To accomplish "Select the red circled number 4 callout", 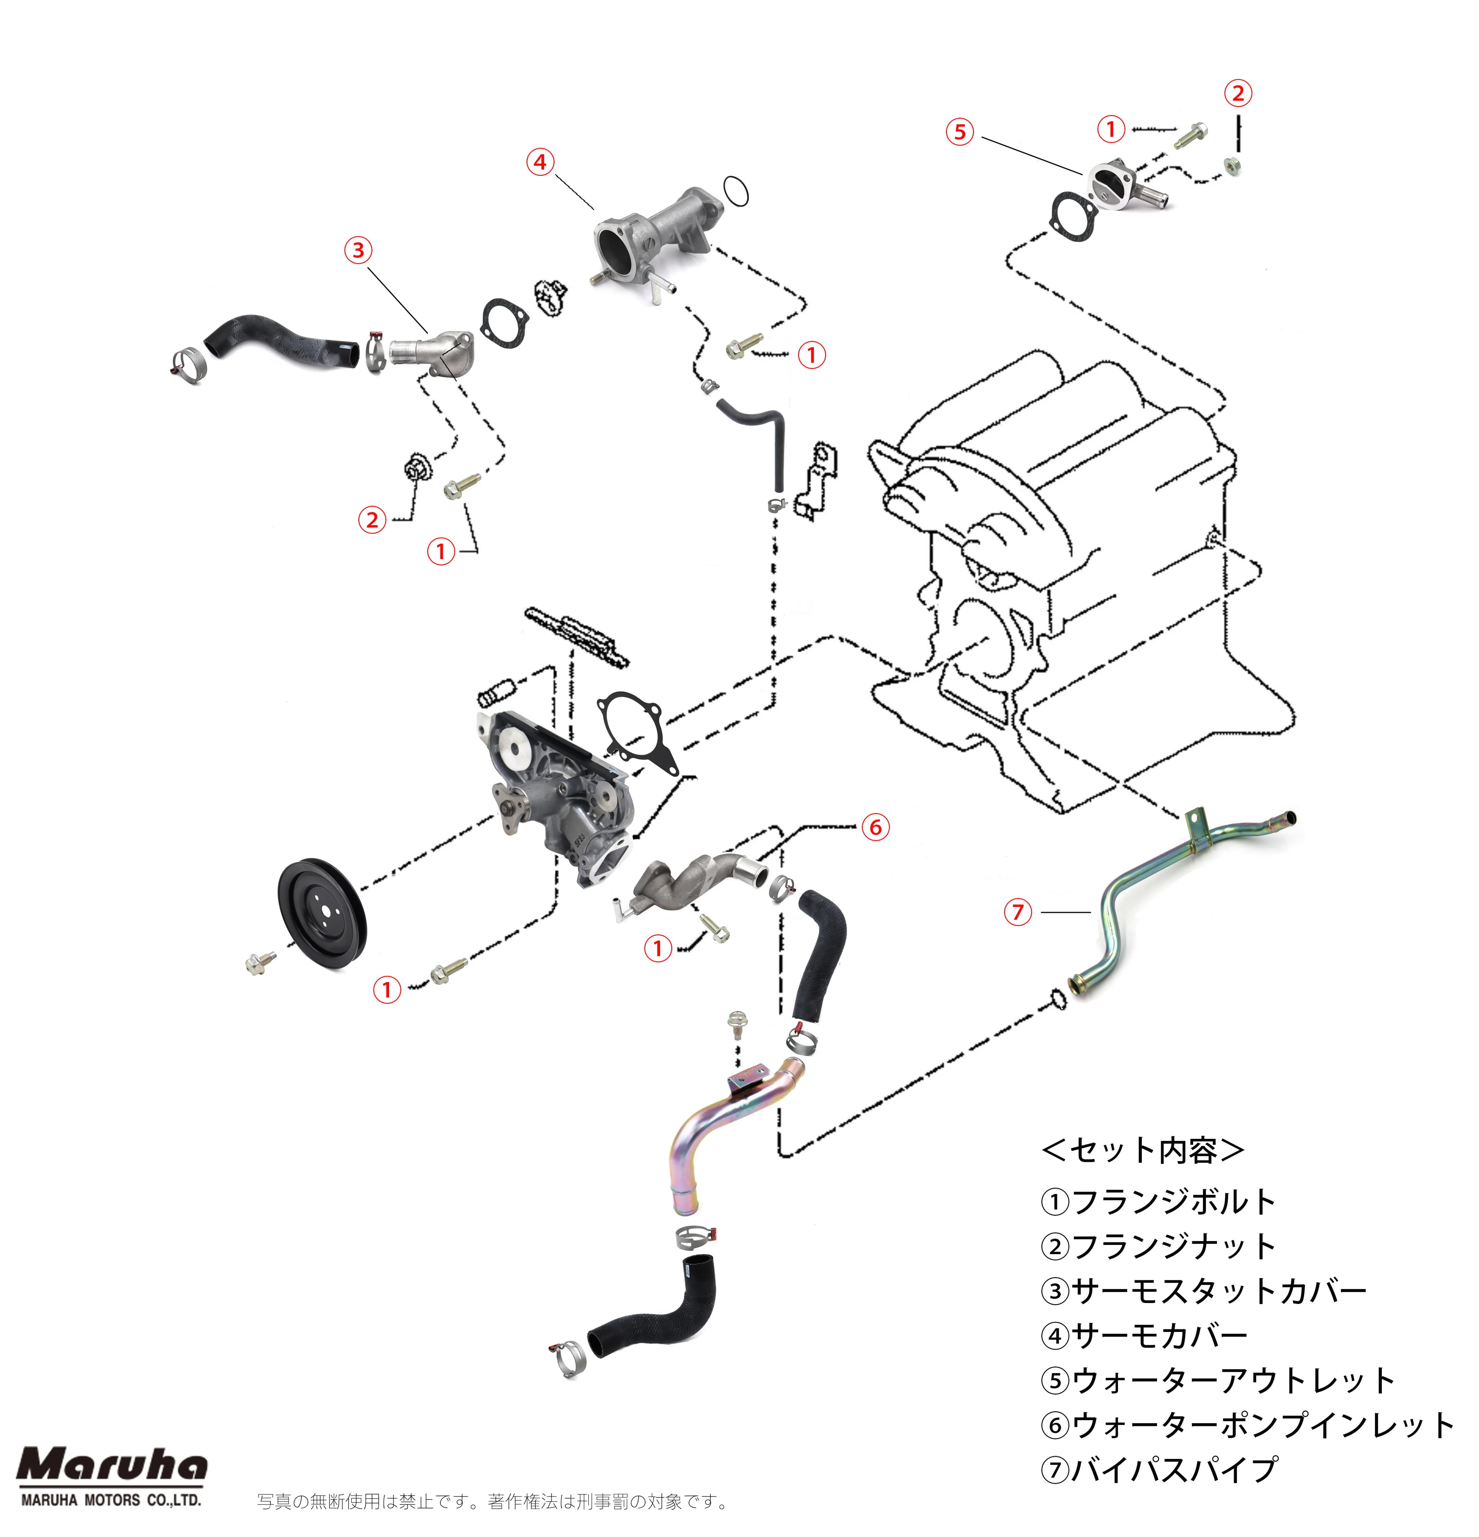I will [539, 162].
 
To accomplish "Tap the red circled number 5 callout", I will [960, 132].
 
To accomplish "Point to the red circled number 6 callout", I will [875, 827].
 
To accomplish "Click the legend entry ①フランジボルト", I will [1158, 1201].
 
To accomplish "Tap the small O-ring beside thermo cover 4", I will [736, 191].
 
